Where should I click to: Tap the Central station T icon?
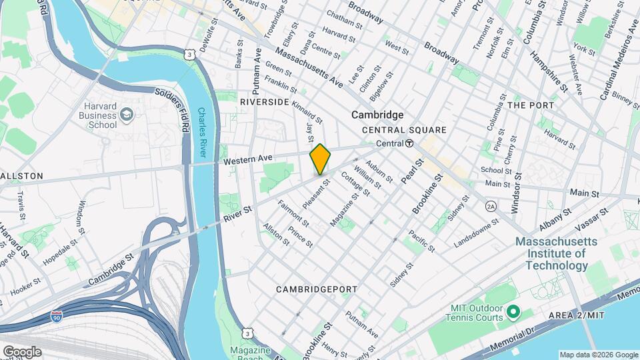pyautogui.click(x=409, y=143)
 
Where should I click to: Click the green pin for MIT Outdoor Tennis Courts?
pyautogui.click(x=513, y=311)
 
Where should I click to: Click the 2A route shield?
pyautogui.click(x=491, y=206)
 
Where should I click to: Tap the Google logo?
pyautogui.click(x=22, y=351)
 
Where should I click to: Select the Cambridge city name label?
pyautogui.click(x=377, y=115)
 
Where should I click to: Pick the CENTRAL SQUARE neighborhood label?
pyautogui.click(x=404, y=130)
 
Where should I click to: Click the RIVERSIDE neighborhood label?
pyautogui.click(x=265, y=102)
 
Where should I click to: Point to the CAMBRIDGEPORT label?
pyautogui.click(x=317, y=289)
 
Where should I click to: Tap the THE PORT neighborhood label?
pyautogui.click(x=531, y=105)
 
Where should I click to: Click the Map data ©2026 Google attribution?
pyautogui.click(x=598, y=355)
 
